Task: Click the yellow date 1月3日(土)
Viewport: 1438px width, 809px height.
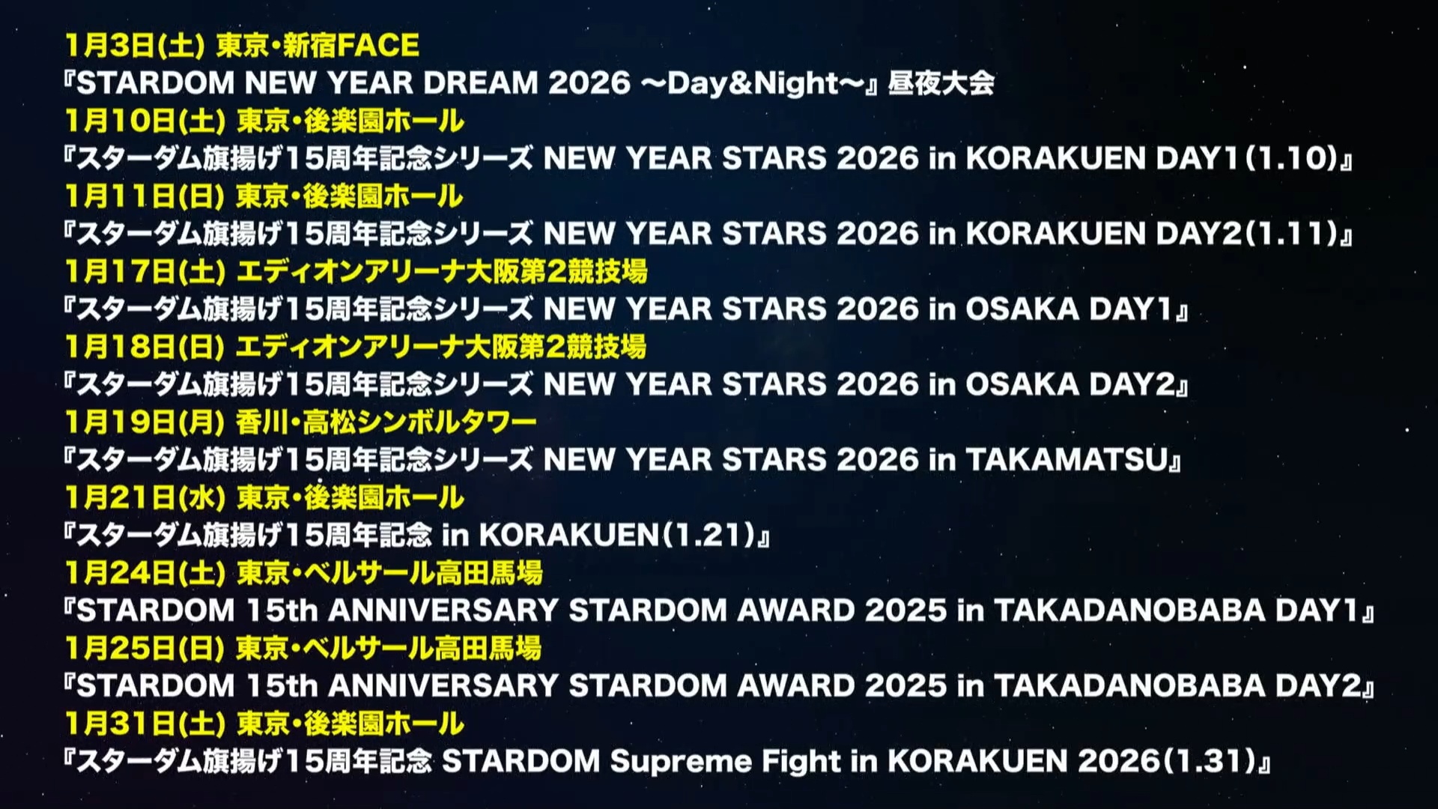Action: click(x=135, y=46)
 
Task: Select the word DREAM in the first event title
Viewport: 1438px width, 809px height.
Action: click(x=481, y=82)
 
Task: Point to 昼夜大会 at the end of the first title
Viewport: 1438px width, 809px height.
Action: click(x=941, y=82)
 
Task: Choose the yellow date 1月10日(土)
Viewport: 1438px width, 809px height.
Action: click(x=145, y=121)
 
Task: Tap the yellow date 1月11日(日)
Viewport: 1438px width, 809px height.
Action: click(x=145, y=196)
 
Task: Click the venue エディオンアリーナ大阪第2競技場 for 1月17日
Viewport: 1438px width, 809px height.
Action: click(x=442, y=271)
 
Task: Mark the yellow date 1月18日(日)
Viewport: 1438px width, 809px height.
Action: click(x=145, y=347)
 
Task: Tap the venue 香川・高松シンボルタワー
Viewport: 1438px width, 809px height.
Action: click(x=386, y=422)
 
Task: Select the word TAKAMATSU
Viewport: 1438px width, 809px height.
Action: click(x=1067, y=459)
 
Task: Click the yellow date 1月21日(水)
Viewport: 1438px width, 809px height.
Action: click(x=145, y=497)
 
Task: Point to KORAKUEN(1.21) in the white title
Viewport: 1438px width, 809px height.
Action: click(x=617, y=535)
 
